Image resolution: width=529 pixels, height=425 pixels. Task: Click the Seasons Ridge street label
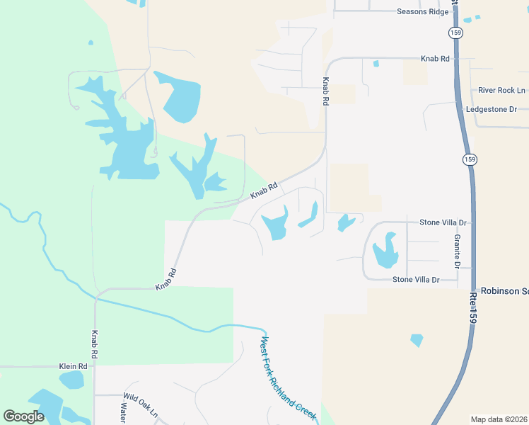[423, 11]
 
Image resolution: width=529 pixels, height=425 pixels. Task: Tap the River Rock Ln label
[501, 91]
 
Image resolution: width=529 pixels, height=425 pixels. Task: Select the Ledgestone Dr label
[492, 110]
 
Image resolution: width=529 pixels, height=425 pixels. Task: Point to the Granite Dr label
[458, 251]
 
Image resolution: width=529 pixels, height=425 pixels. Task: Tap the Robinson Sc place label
[504, 291]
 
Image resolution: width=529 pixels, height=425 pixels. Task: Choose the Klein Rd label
[73, 366]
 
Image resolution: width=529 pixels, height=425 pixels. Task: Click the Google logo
[24, 416]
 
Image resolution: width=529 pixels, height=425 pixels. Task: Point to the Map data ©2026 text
[499, 419]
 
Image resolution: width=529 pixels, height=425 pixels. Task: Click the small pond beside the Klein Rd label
[71, 380]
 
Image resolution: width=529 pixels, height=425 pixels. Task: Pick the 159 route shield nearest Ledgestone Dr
[470, 159]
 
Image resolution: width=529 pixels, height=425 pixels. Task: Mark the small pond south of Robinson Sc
[417, 341]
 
